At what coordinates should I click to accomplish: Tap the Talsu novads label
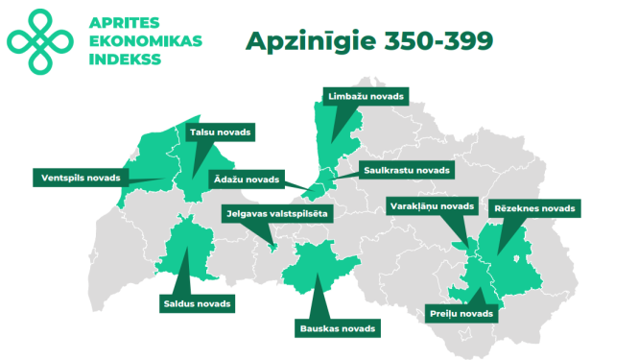[x=220, y=132]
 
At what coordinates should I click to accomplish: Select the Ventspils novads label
[x=81, y=177]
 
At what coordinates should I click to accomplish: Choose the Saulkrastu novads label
[x=406, y=171]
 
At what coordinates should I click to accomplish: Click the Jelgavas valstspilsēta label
[x=276, y=214]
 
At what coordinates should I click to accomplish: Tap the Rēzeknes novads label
[x=533, y=207]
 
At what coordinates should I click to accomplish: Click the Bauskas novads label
[x=336, y=327]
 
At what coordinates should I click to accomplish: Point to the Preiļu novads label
[x=462, y=313]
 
